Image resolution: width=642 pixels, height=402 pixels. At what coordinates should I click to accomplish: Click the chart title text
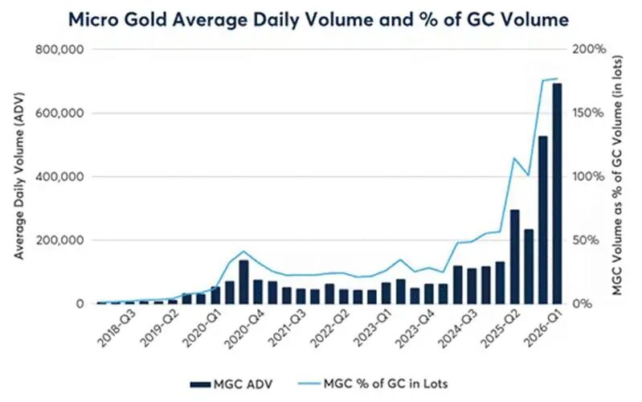(321, 17)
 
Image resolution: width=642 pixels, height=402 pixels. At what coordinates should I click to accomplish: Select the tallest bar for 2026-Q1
(557, 193)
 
